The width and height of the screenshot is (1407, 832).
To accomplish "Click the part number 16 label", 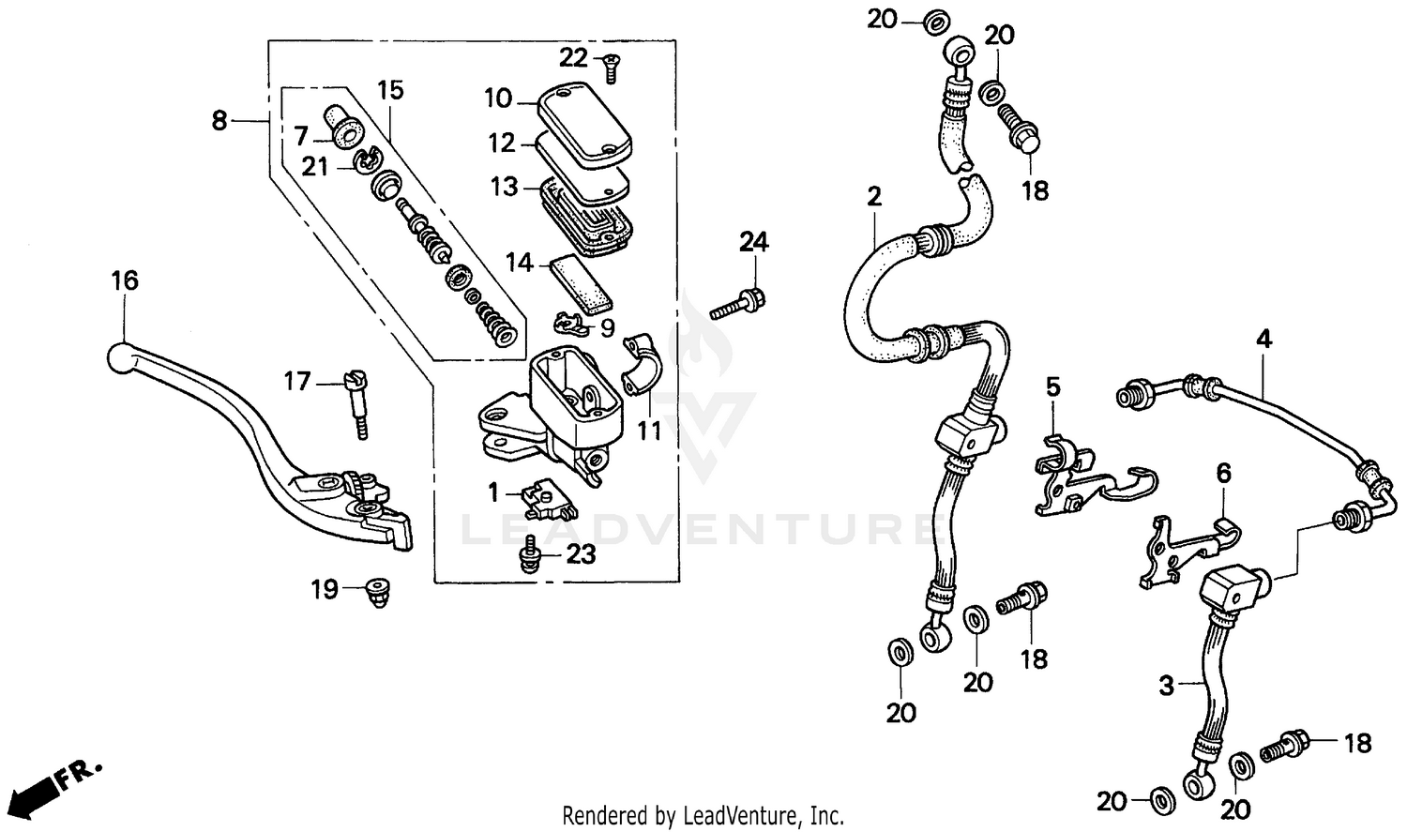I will (124, 280).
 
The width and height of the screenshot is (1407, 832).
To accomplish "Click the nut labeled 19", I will (379, 592).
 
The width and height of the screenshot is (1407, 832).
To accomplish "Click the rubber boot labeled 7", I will (345, 127).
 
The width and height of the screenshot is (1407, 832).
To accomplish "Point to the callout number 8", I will (219, 120).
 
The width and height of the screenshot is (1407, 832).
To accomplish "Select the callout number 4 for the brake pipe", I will (1263, 339).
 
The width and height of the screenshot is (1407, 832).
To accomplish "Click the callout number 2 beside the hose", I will (873, 197).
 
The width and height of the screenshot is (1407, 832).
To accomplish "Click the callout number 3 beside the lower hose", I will (1166, 687).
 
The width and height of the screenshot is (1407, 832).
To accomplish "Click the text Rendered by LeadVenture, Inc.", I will (703, 815).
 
